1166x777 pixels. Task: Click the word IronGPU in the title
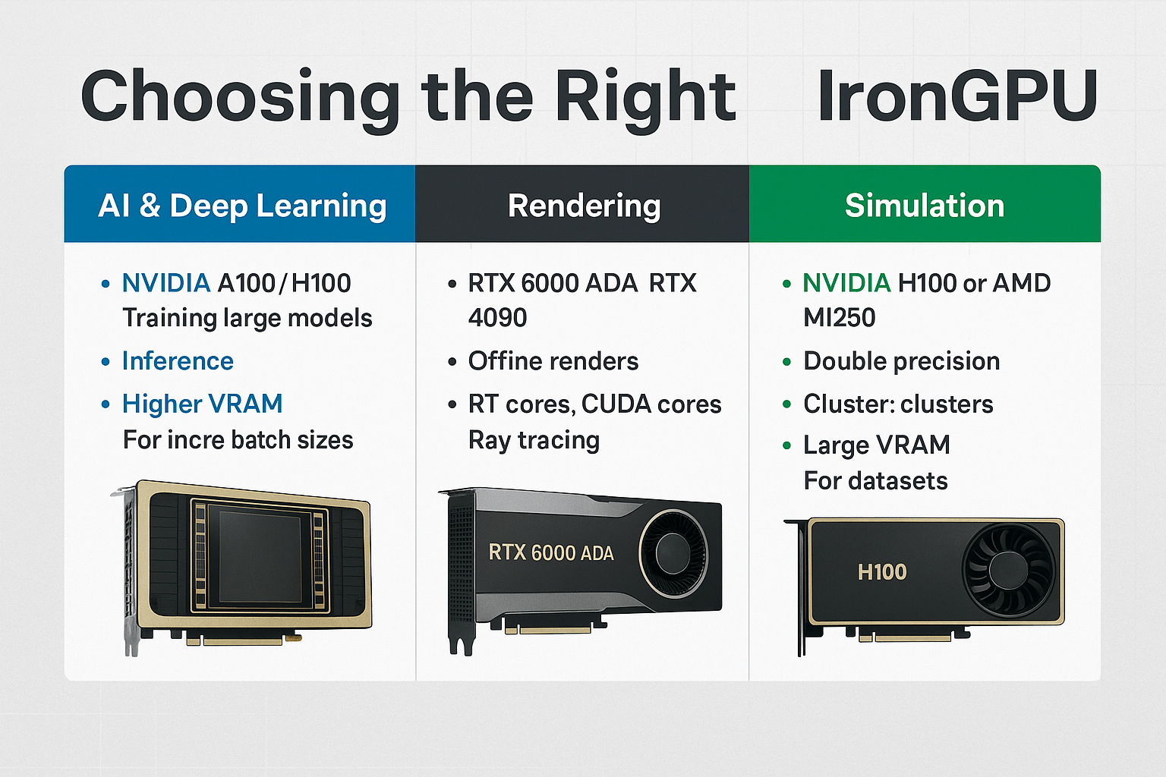pos(957,97)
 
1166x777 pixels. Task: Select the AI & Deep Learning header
pos(243,205)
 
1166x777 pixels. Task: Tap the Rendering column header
pos(584,205)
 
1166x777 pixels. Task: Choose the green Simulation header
pos(925,205)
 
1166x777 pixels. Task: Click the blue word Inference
pos(178,360)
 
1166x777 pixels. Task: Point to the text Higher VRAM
pos(202,404)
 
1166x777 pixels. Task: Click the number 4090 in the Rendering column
pos(498,317)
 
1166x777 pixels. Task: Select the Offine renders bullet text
pos(553,360)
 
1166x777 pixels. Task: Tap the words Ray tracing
pos(534,440)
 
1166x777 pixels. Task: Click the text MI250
pos(839,317)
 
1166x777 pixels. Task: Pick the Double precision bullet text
pos(901,360)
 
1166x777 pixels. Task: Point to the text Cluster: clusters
pos(898,404)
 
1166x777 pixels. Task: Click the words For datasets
pos(875,480)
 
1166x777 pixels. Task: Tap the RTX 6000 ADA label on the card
pos(551,552)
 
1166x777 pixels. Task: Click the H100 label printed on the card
pos(882,572)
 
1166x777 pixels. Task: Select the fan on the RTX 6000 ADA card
pos(673,553)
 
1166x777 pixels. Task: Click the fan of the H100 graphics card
pos(1008,570)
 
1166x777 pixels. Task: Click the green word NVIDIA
pos(846,283)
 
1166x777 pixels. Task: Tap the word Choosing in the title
pos(240,99)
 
